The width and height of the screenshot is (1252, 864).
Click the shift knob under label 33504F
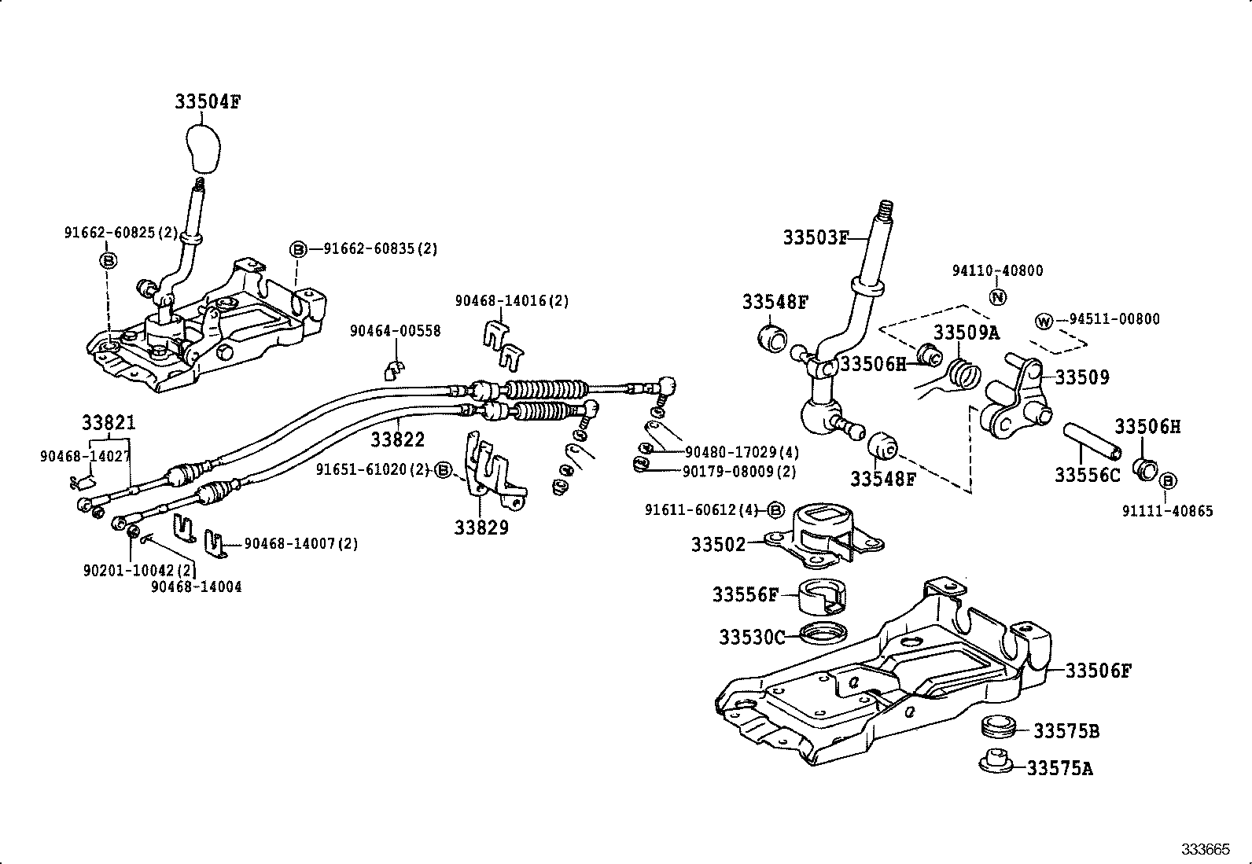coord(206,149)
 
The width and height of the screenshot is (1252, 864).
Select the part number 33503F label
coord(816,237)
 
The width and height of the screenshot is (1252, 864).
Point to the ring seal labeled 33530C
coord(824,631)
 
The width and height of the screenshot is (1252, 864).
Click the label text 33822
coord(397,439)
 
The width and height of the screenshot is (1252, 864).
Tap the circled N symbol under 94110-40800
coord(997,297)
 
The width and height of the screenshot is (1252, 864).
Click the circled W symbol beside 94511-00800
coord(1044,322)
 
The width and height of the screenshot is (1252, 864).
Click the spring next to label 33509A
coord(963,373)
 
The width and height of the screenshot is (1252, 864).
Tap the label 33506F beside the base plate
coord(1098,671)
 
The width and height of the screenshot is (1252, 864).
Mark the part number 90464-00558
coord(395,332)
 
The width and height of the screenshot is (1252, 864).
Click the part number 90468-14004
coord(197,586)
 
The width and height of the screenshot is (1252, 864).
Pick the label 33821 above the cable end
coord(109,423)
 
